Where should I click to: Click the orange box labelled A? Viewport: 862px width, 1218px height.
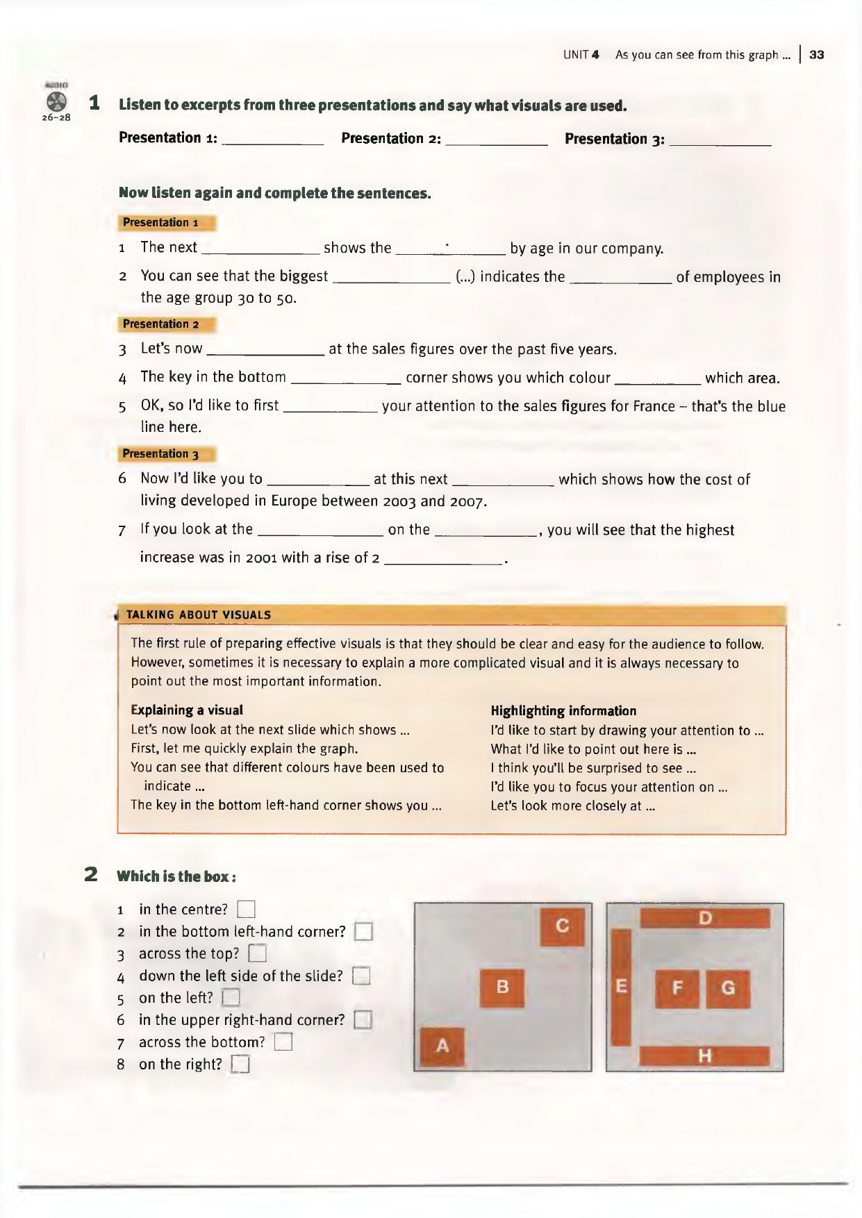(x=442, y=1046)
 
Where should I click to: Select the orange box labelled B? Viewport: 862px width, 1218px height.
(x=502, y=987)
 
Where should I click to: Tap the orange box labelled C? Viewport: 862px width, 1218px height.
(x=563, y=926)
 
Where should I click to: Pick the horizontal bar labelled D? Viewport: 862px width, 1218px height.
(x=705, y=918)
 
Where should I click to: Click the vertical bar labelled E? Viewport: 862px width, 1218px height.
(x=621, y=987)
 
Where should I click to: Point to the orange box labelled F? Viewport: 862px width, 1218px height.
(x=677, y=988)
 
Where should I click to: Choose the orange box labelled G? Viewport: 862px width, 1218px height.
(x=728, y=988)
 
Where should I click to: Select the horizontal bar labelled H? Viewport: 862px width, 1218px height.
(x=704, y=1056)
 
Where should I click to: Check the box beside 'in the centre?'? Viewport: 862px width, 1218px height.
(x=247, y=909)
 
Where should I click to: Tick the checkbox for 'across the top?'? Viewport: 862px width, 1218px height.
(x=258, y=953)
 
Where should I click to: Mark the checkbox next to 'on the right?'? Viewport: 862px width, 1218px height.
(x=240, y=1065)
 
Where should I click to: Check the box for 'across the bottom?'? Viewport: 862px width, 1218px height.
(x=283, y=1042)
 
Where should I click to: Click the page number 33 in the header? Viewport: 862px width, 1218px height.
(x=817, y=55)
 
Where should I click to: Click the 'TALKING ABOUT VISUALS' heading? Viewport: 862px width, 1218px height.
(x=199, y=615)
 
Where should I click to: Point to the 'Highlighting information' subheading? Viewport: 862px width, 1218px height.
(x=563, y=710)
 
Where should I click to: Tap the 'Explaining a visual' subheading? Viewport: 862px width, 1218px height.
(x=187, y=710)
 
